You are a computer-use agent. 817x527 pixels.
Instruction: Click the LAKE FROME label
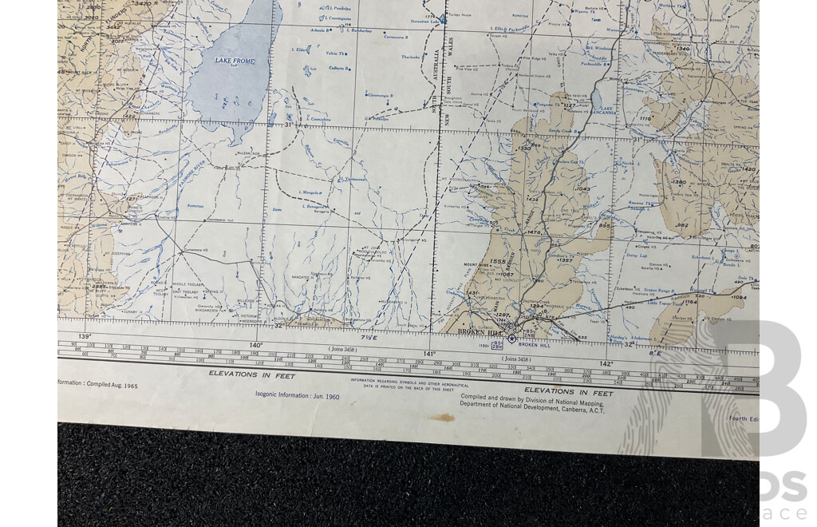pos(233,61)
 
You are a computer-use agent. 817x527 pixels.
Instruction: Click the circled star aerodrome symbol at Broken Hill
pos(511,339)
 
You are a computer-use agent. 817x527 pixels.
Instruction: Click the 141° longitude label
pos(430,353)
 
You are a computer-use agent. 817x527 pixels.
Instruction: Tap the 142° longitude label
pos(606,363)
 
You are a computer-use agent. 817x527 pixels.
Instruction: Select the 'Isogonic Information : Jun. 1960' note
pos(298,395)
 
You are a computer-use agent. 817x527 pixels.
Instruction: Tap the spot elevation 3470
pos(143,4)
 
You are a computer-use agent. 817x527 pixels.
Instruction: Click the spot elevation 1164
pos(690,302)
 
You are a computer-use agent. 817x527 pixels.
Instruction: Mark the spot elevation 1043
pos(582,189)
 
